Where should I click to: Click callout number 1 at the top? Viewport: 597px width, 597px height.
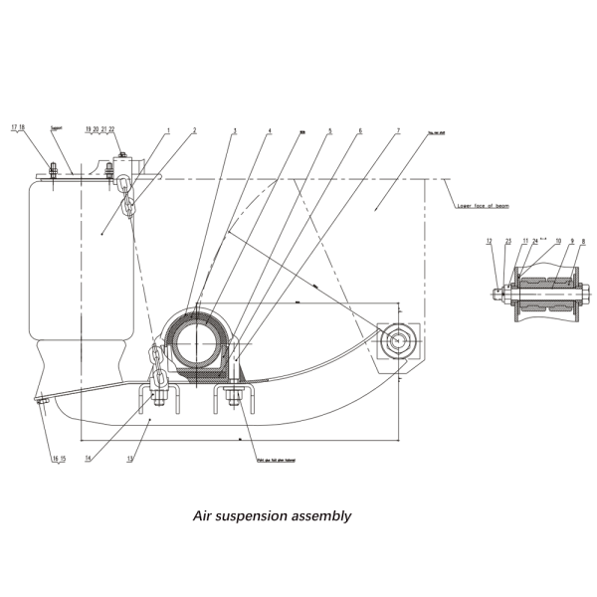pyautogui.click(x=168, y=130)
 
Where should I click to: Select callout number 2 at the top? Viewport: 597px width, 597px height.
pyautogui.click(x=195, y=130)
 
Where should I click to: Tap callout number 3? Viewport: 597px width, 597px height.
pyautogui.click(x=235, y=130)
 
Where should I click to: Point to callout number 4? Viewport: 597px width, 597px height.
pyautogui.click(x=269, y=130)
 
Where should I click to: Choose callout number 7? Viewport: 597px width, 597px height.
pyautogui.click(x=398, y=130)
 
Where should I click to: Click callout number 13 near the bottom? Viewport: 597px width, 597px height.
pyautogui.click(x=129, y=459)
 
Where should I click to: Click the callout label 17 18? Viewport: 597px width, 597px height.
pyautogui.click(x=18, y=127)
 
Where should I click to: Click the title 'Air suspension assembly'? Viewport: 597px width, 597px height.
pyautogui.click(x=272, y=516)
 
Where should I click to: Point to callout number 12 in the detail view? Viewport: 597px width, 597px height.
pyautogui.click(x=490, y=242)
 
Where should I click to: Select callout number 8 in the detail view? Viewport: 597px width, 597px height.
pyautogui.click(x=583, y=242)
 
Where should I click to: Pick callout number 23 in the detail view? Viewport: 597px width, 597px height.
pyautogui.click(x=507, y=242)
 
